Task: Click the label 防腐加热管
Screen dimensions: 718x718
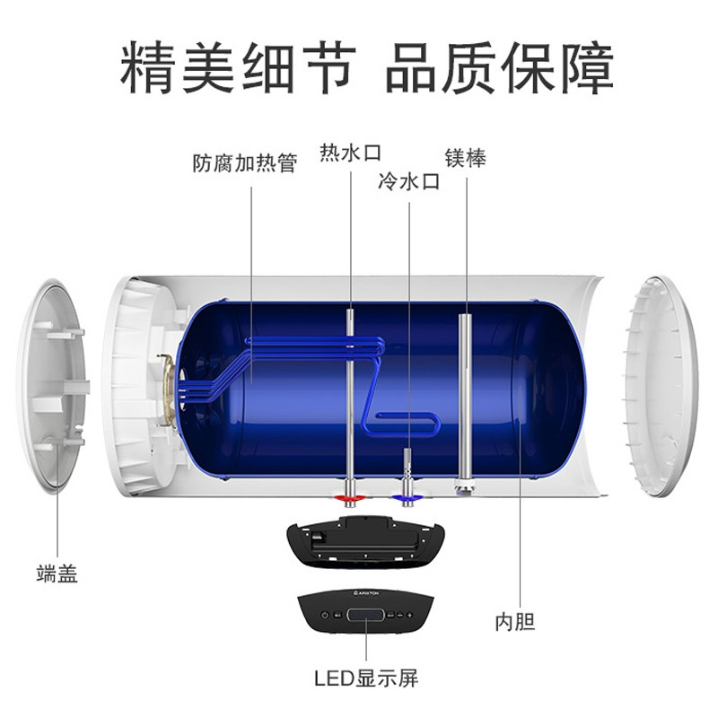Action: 244,163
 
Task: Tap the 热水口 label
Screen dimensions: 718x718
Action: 350,153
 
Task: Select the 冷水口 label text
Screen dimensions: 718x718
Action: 409,181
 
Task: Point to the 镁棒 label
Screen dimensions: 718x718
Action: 466,158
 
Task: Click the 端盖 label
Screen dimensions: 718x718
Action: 57,574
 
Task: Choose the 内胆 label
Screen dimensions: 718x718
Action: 515,622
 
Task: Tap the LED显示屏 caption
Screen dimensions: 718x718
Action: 366,679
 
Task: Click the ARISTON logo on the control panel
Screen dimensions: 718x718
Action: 367,593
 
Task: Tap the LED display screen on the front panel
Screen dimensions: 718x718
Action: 366,615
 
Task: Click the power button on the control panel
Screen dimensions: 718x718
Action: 325,615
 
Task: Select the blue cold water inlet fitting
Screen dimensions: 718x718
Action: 408,498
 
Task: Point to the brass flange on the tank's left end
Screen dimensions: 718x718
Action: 169,391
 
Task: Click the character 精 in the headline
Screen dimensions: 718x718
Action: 147,67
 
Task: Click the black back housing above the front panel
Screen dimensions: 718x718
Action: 365,542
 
